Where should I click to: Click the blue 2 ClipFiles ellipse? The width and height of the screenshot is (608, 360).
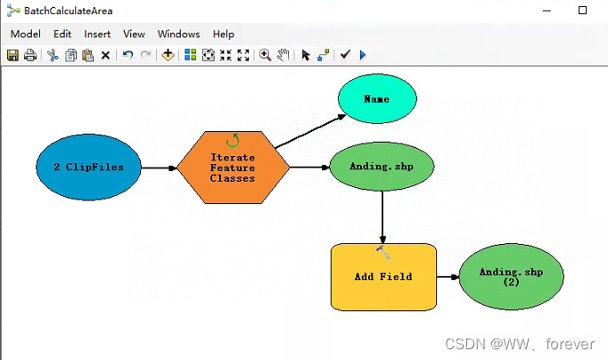(x=88, y=167)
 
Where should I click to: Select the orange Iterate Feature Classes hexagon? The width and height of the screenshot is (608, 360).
(x=233, y=167)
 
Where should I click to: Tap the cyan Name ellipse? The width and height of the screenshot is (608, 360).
(x=376, y=99)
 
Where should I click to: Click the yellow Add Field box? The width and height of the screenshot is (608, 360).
(x=383, y=276)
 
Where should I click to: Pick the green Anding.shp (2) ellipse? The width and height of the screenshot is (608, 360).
(x=511, y=276)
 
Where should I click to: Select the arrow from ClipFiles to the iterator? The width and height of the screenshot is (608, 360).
(x=160, y=167)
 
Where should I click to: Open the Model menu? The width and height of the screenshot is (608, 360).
(x=25, y=34)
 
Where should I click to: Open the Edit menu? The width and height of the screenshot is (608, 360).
(x=62, y=34)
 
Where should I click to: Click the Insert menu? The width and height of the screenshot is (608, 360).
(x=97, y=34)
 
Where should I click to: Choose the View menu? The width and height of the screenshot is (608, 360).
(x=134, y=34)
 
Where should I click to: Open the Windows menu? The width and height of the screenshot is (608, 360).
(x=178, y=34)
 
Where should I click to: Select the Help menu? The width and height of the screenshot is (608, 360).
(x=223, y=34)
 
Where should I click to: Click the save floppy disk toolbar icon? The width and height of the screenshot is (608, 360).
(x=13, y=55)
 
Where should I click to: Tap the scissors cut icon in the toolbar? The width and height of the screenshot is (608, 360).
(x=53, y=55)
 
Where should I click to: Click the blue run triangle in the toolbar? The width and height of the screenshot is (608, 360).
(x=363, y=55)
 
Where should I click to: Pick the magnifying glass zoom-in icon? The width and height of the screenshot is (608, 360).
(x=265, y=55)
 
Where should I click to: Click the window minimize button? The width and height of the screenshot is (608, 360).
(x=546, y=11)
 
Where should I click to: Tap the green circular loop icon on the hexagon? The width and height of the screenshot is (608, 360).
(x=233, y=140)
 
